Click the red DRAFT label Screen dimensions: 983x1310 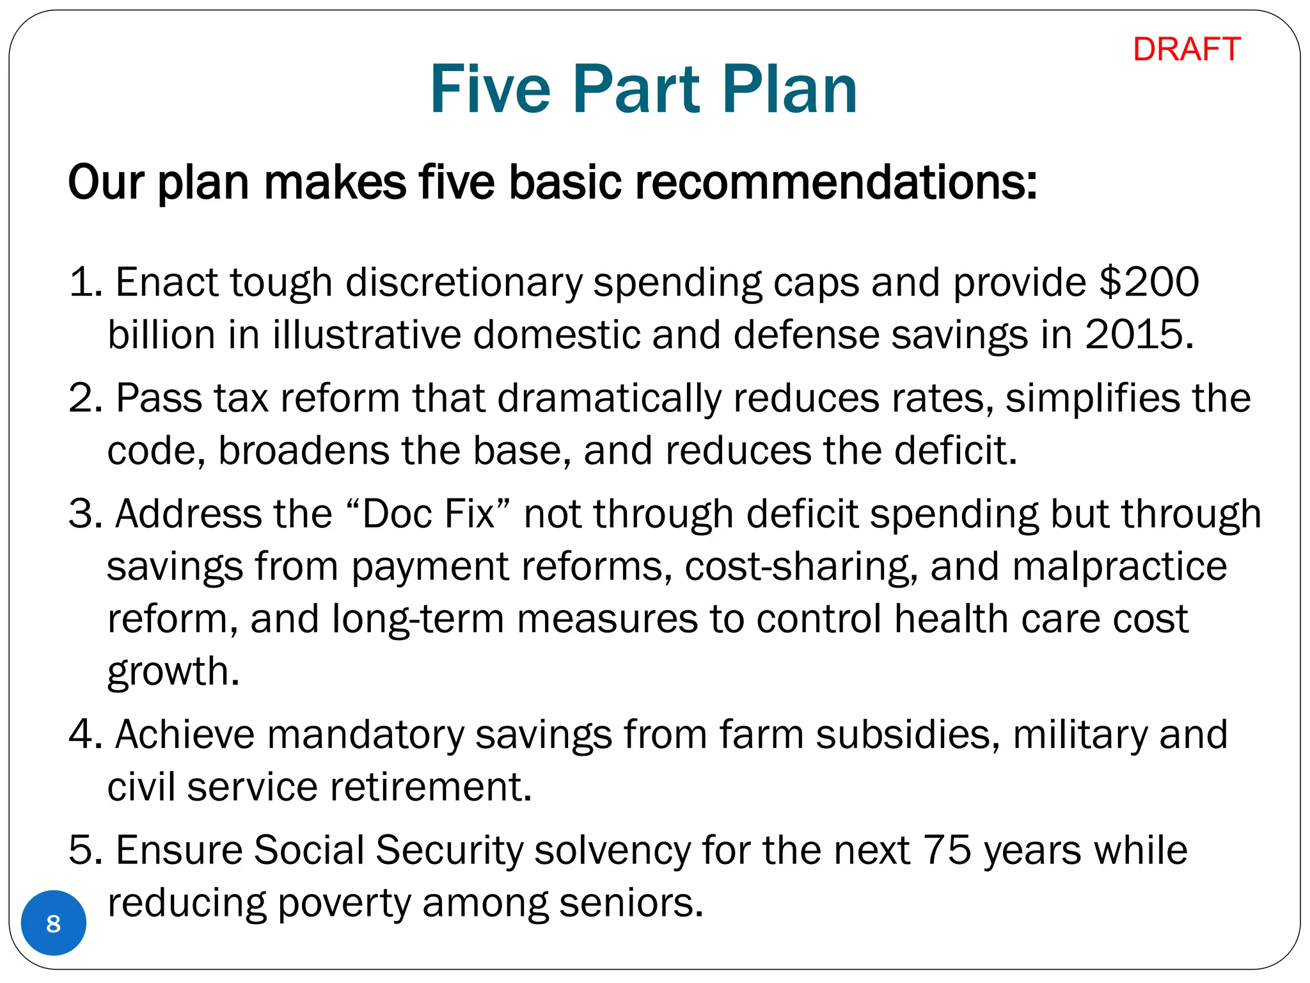1187,49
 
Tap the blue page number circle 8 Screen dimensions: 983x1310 54,923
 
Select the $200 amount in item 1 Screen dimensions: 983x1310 1149,282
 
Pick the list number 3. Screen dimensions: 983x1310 81,514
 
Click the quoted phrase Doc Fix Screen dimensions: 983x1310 429,514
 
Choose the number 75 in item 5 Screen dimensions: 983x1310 947,851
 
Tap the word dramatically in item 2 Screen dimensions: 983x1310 609,398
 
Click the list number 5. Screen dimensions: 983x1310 81,851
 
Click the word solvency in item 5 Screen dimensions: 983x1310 612,851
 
